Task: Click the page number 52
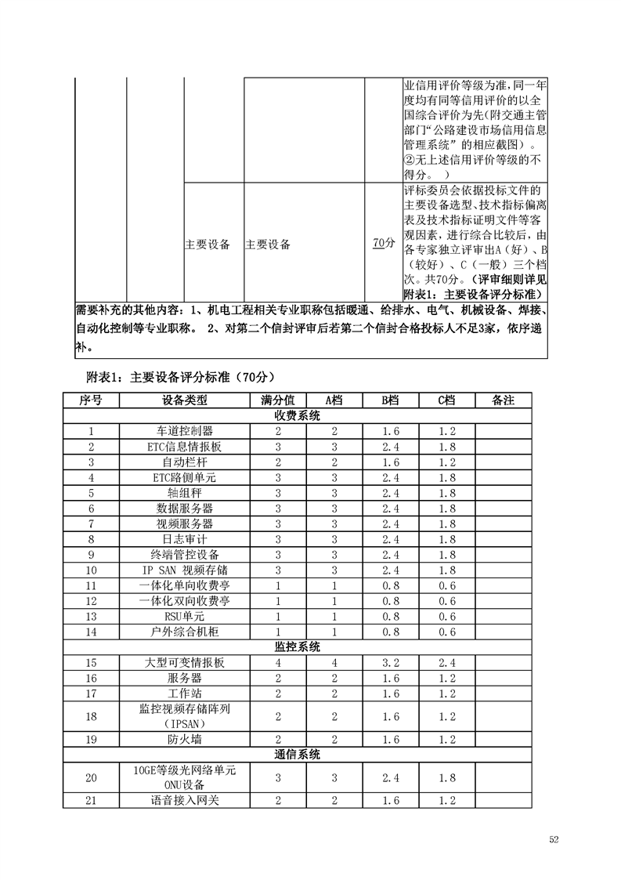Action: point(554,839)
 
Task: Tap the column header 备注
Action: point(503,400)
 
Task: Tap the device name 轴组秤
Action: point(185,493)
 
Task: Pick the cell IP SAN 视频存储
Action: point(185,570)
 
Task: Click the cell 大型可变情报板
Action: point(185,663)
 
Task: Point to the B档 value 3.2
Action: point(391,663)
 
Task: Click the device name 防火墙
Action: point(185,739)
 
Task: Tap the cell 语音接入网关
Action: point(185,800)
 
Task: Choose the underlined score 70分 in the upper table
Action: point(384,244)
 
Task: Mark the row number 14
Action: point(92,632)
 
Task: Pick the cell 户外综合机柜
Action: point(185,632)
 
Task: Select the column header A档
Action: point(334,400)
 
